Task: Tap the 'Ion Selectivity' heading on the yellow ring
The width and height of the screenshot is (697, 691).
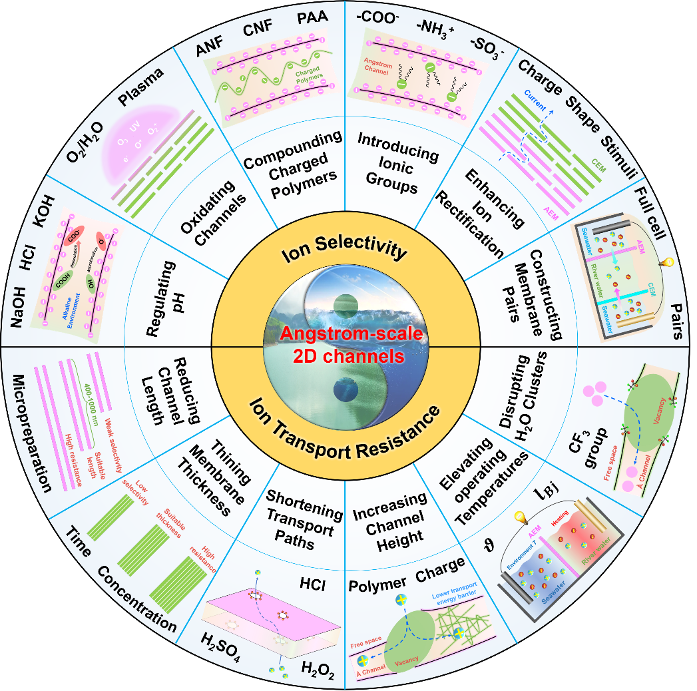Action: click(344, 252)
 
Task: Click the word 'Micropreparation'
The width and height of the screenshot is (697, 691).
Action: click(32, 432)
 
